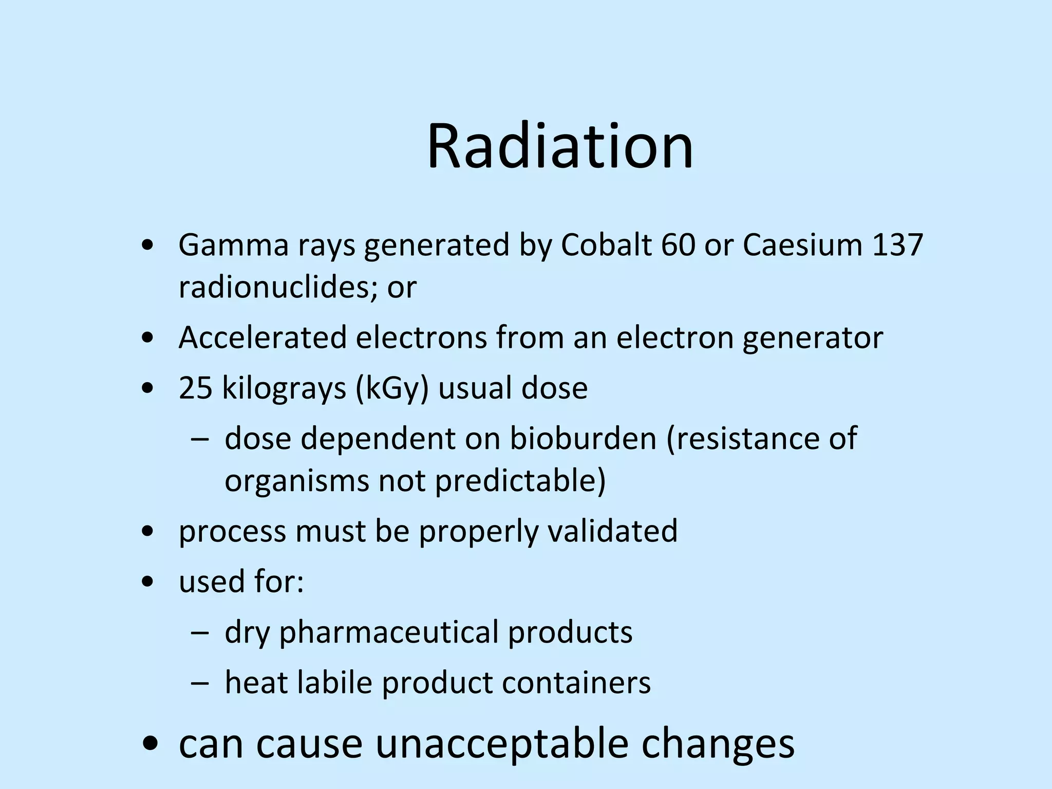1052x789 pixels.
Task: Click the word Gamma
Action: [x=234, y=245]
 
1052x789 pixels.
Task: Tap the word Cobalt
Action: [x=606, y=245]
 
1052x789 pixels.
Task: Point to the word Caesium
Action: [x=802, y=245]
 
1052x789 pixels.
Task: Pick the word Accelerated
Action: [x=262, y=337]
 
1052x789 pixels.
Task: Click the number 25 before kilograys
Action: [x=195, y=388]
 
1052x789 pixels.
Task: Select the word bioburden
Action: [x=583, y=439]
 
